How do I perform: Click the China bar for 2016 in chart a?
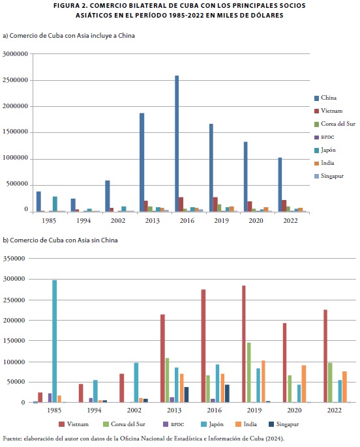177,143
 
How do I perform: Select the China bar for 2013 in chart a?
142,162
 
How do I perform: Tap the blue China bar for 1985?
38,201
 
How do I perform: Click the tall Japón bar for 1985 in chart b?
55,341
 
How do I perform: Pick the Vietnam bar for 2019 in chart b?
244,344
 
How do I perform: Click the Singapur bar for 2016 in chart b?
227,394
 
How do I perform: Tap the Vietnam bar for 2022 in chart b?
325,356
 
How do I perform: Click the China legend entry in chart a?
325,98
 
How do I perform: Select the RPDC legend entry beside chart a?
324,137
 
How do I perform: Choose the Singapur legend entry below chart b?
284,424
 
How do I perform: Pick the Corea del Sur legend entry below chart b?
124,424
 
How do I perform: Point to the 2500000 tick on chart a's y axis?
16,80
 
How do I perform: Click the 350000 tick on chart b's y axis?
14,259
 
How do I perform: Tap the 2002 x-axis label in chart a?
118,221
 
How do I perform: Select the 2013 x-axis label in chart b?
174,411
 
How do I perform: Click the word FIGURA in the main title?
66,6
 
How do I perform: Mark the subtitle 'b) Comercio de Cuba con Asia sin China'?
60,240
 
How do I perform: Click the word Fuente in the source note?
12,439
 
